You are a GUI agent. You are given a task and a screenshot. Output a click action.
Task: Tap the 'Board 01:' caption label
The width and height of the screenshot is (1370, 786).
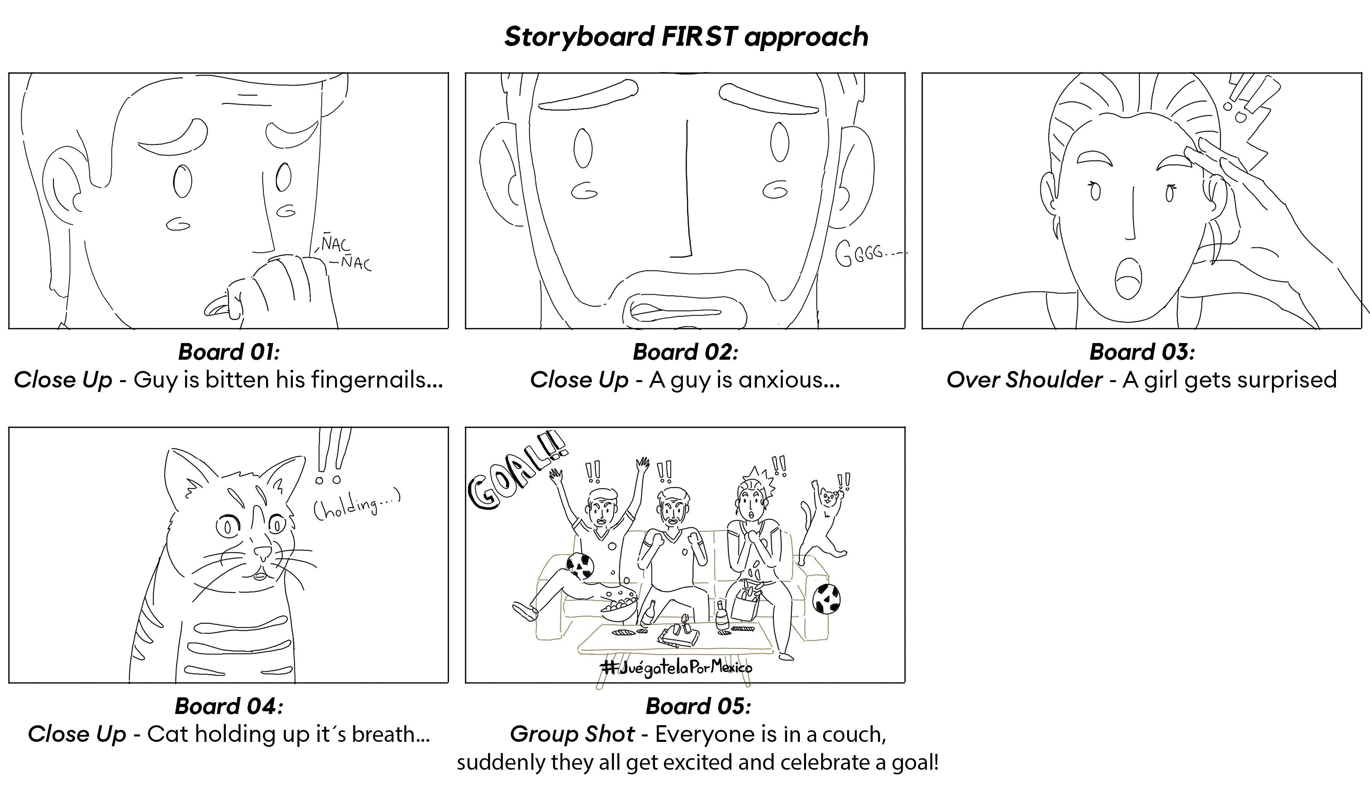pyautogui.click(x=229, y=352)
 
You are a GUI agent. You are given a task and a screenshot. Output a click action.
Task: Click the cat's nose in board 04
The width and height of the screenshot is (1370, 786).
pyautogui.click(x=263, y=552)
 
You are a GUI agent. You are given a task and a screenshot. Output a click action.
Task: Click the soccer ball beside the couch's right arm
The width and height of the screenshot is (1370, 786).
pyautogui.click(x=826, y=598)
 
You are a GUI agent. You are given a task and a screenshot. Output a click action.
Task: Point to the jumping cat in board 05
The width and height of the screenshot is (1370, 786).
pyautogui.click(x=823, y=518)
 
